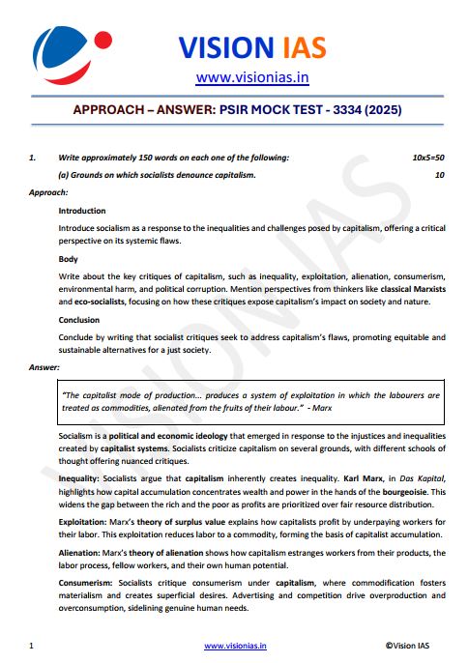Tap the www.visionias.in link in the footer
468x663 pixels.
point(235,644)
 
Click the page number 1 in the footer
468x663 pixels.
point(32,644)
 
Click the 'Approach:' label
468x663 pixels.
point(48,192)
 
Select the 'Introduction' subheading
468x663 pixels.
point(82,211)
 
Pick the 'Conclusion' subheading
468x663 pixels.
point(79,320)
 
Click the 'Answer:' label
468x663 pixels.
point(45,368)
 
